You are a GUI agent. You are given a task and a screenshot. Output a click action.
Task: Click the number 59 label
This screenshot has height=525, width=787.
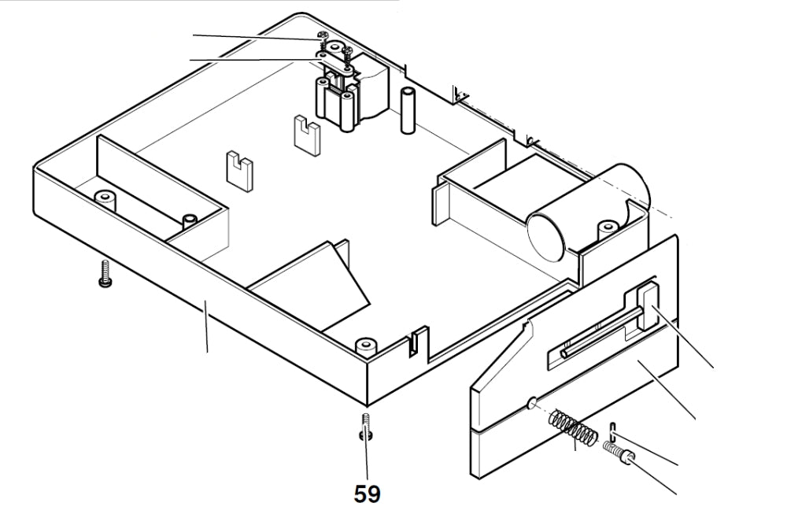tap(367, 494)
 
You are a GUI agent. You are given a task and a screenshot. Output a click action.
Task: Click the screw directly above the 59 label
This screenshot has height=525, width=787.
tap(366, 427)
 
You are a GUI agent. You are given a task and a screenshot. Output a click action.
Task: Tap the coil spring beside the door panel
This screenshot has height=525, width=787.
tap(573, 427)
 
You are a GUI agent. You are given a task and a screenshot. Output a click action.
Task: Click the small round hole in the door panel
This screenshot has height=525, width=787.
tap(531, 403)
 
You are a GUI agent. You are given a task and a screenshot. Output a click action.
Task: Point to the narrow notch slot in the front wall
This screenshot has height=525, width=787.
tap(412, 342)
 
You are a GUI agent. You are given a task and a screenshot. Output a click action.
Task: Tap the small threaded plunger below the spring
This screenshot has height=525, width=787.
tap(619, 453)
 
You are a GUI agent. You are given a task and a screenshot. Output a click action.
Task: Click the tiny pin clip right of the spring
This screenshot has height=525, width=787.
tap(611, 431)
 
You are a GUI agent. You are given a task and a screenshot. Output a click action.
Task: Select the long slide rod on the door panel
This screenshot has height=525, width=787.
tap(598, 335)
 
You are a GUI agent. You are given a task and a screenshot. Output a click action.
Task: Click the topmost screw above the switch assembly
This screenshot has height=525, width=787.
tap(321, 36)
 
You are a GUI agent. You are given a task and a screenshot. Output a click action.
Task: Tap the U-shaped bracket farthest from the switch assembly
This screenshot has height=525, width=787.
tap(238, 168)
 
